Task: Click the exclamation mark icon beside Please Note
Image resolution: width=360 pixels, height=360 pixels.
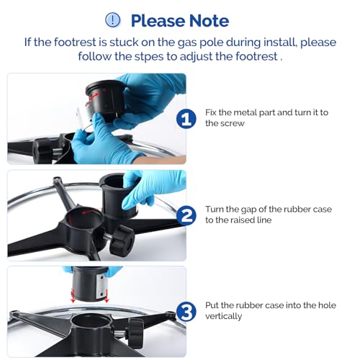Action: click(x=113, y=20)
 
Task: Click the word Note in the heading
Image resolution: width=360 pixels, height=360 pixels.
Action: click(x=209, y=21)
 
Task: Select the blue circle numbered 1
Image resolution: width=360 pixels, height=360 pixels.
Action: click(x=186, y=119)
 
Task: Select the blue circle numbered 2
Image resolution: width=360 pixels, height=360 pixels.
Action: click(x=186, y=215)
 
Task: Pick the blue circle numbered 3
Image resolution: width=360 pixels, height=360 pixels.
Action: click(x=186, y=312)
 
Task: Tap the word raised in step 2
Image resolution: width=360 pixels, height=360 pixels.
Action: click(x=242, y=220)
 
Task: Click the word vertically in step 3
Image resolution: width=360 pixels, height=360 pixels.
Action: click(x=224, y=316)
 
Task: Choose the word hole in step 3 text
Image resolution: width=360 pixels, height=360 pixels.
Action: click(x=327, y=305)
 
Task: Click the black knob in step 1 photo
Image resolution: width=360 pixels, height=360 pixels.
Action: click(x=42, y=150)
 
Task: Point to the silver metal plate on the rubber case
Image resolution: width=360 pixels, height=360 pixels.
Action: click(x=100, y=287)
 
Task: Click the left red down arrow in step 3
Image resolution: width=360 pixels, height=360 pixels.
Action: click(x=73, y=295)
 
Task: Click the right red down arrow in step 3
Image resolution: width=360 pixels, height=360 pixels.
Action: click(x=107, y=295)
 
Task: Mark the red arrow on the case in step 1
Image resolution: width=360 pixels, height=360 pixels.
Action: click(x=93, y=96)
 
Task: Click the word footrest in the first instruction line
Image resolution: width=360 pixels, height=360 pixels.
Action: click(x=75, y=42)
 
